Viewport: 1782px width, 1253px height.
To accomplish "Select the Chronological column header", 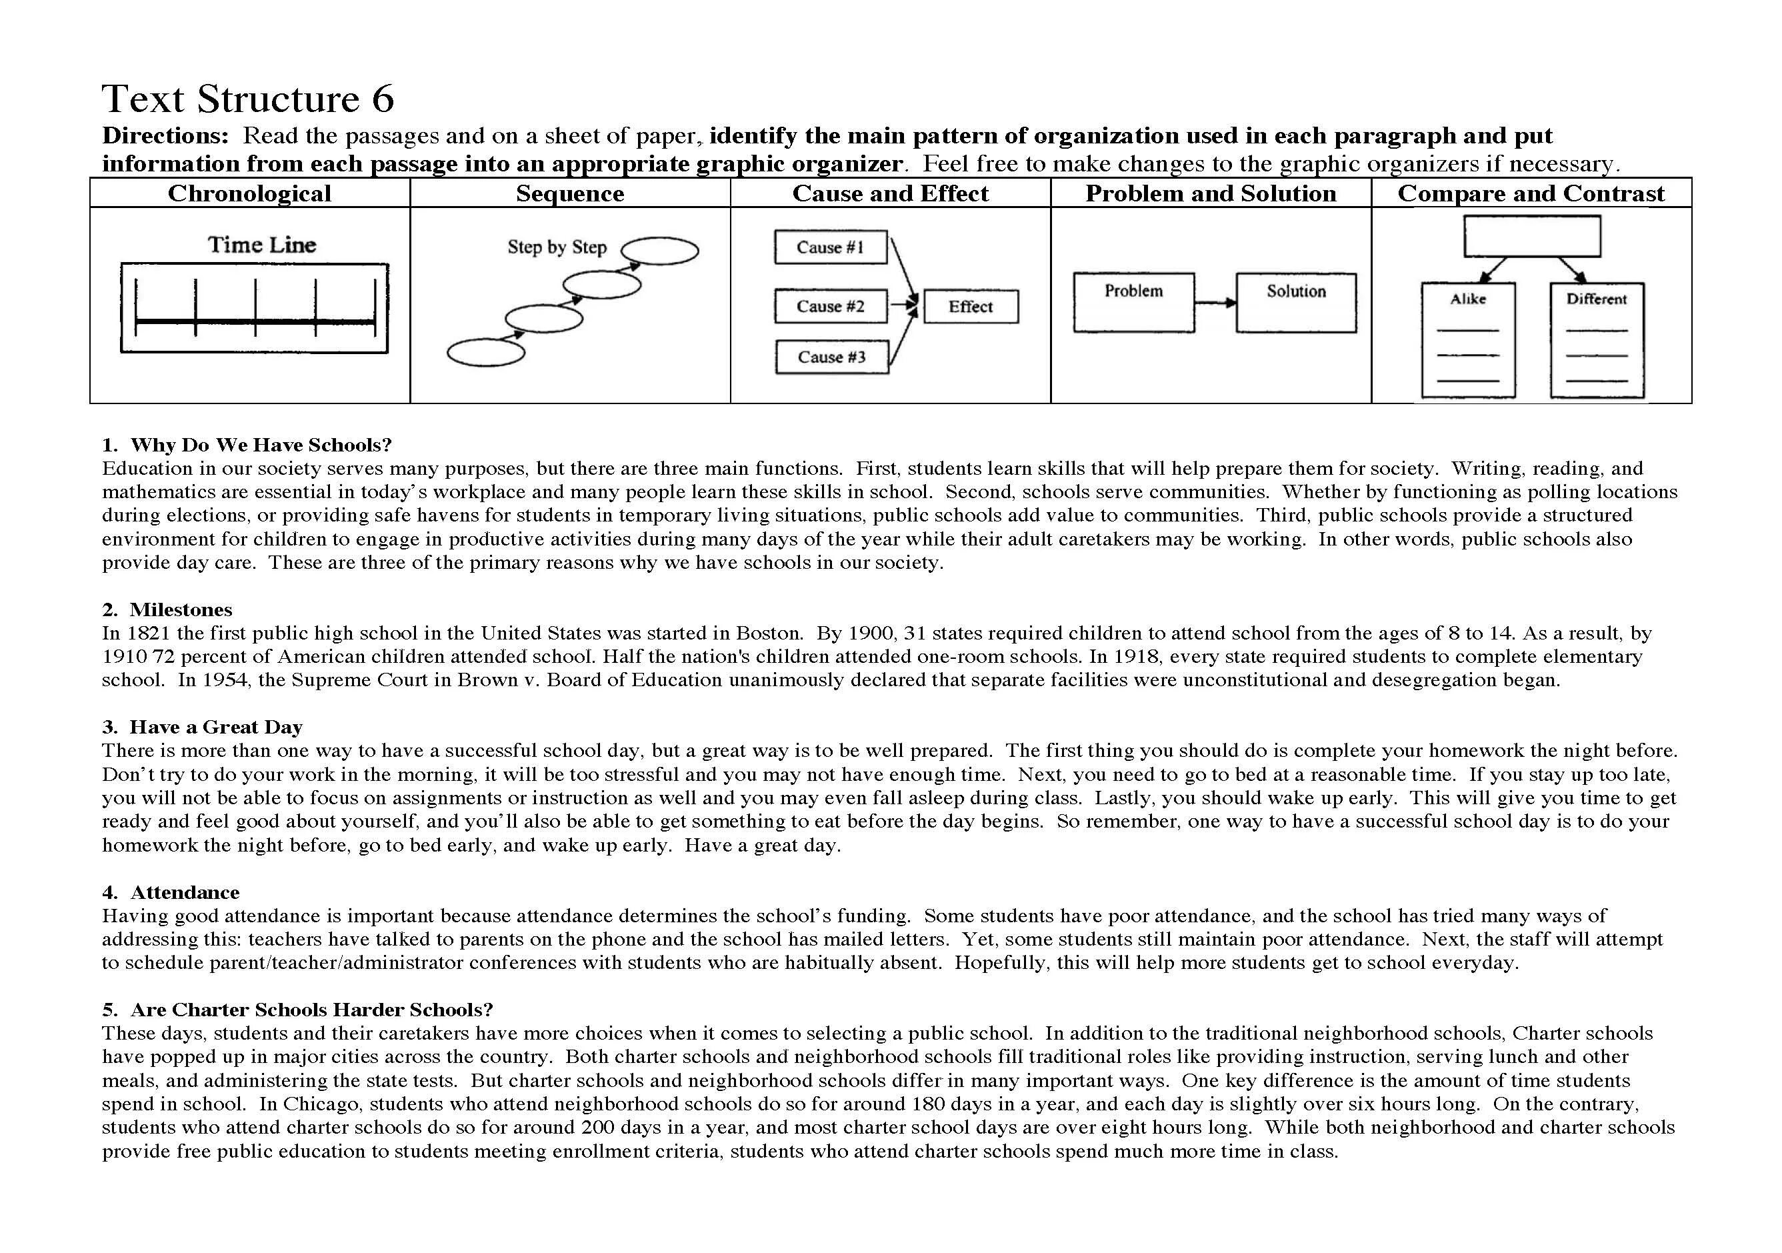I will point(249,193).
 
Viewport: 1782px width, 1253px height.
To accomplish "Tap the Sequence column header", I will point(570,193).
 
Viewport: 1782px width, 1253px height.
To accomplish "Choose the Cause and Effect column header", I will point(890,193).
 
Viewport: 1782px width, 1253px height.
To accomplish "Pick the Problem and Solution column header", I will point(1210,193).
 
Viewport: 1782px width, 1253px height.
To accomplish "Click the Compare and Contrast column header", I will point(1531,193).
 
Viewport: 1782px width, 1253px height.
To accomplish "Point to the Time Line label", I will point(261,245).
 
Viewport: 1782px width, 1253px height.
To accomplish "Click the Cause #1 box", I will point(830,247).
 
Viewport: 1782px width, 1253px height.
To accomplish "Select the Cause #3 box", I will point(831,357).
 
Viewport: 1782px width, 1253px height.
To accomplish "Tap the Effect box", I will point(970,307).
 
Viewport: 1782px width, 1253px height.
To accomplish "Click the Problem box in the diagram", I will point(1133,302).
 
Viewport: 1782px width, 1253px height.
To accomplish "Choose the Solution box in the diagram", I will point(1295,302).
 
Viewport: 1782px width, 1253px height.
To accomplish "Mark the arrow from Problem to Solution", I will point(1215,302).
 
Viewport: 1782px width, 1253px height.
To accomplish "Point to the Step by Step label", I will point(557,247).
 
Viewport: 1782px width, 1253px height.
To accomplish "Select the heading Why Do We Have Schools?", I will point(261,445).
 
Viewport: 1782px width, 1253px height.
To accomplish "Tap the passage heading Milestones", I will point(181,609).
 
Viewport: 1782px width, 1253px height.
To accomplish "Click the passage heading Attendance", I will point(185,892).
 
